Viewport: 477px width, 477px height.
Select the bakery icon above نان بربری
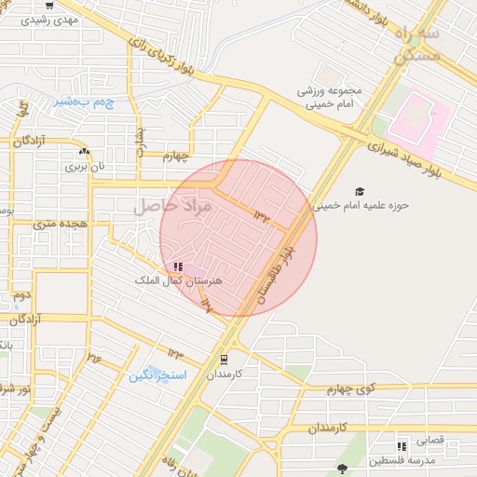[x=85, y=151]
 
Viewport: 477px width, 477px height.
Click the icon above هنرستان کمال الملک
[x=178, y=266]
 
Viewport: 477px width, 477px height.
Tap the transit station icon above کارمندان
[x=225, y=359]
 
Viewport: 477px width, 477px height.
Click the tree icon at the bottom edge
[x=343, y=469]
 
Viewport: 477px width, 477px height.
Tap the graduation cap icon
[x=361, y=191]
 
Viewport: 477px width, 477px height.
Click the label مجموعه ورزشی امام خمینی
[x=334, y=99]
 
